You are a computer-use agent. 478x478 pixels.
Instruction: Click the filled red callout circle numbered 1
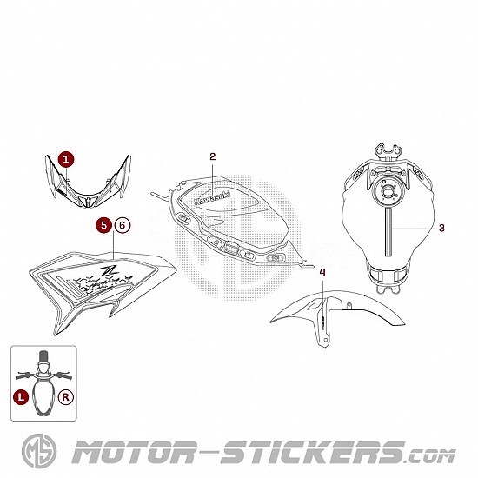click(x=66, y=159)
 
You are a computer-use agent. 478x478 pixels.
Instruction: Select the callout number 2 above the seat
click(x=212, y=156)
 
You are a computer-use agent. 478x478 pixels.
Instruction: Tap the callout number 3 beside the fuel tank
click(x=441, y=228)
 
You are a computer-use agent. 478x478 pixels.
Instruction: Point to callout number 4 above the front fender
click(x=322, y=272)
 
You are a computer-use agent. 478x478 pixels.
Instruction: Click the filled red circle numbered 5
click(x=104, y=225)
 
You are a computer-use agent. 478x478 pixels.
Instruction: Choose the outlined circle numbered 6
click(x=123, y=225)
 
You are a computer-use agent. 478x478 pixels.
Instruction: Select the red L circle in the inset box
click(x=21, y=397)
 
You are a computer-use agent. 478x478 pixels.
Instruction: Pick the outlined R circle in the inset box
click(x=66, y=397)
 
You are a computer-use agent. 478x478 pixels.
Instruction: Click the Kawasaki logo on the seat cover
click(x=212, y=197)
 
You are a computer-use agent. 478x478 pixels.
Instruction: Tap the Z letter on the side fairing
click(x=108, y=270)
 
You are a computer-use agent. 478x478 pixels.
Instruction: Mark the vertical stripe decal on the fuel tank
click(x=388, y=232)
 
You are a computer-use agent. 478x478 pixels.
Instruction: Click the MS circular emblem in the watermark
click(x=39, y=451)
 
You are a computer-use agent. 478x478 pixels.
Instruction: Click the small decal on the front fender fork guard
click(x=322, y=321)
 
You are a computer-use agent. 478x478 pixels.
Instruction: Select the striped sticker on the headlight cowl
click(x=62, y=193)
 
